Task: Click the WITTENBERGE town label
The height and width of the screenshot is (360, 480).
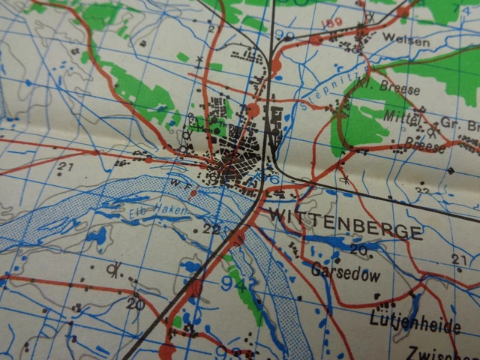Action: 344,225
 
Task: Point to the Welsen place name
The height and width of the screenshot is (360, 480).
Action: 405,40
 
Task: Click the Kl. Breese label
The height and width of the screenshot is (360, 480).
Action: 394,87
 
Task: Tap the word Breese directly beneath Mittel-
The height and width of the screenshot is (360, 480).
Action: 424,144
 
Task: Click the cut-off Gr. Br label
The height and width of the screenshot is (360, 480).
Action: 460,125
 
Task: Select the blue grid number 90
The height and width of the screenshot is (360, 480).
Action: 284,36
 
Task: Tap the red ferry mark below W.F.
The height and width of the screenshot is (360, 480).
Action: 194,193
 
